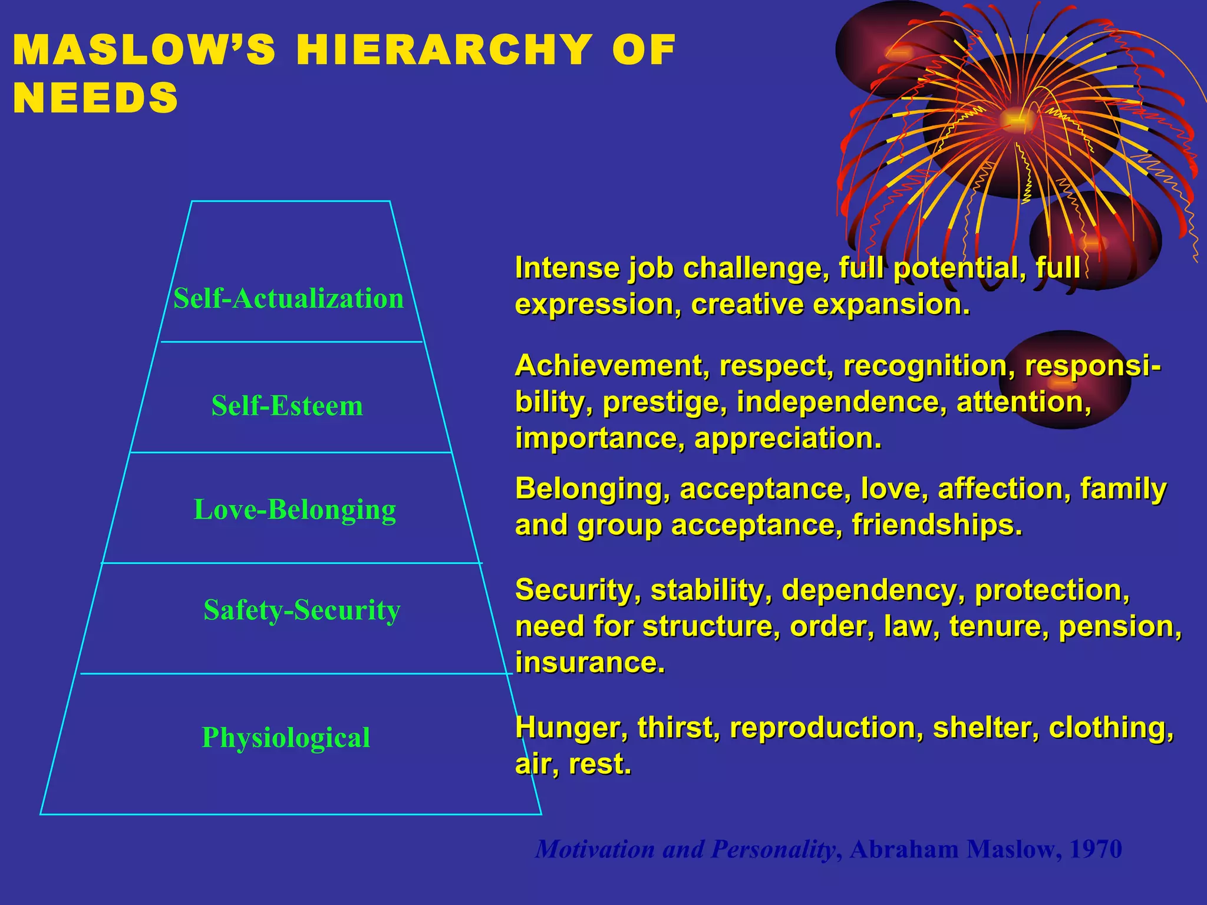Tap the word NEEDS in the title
pyautogui.click(x=95, y=98)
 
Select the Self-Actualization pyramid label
pyautogui.click(x=288, y=298)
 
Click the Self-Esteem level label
pyautogui.click(x=287, y=405)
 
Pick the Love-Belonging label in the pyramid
pyautogui.click(x=295, y=510)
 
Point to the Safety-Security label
pyautogui.click(x=302, y=610)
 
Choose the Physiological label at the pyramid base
pyautogui.click(x=286, y=737)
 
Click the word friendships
pyautogui.click(x=936, y=526)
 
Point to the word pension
pyautogui.click(x=1119, y=626)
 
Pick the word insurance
pyautogui.click(x=590, y=663)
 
